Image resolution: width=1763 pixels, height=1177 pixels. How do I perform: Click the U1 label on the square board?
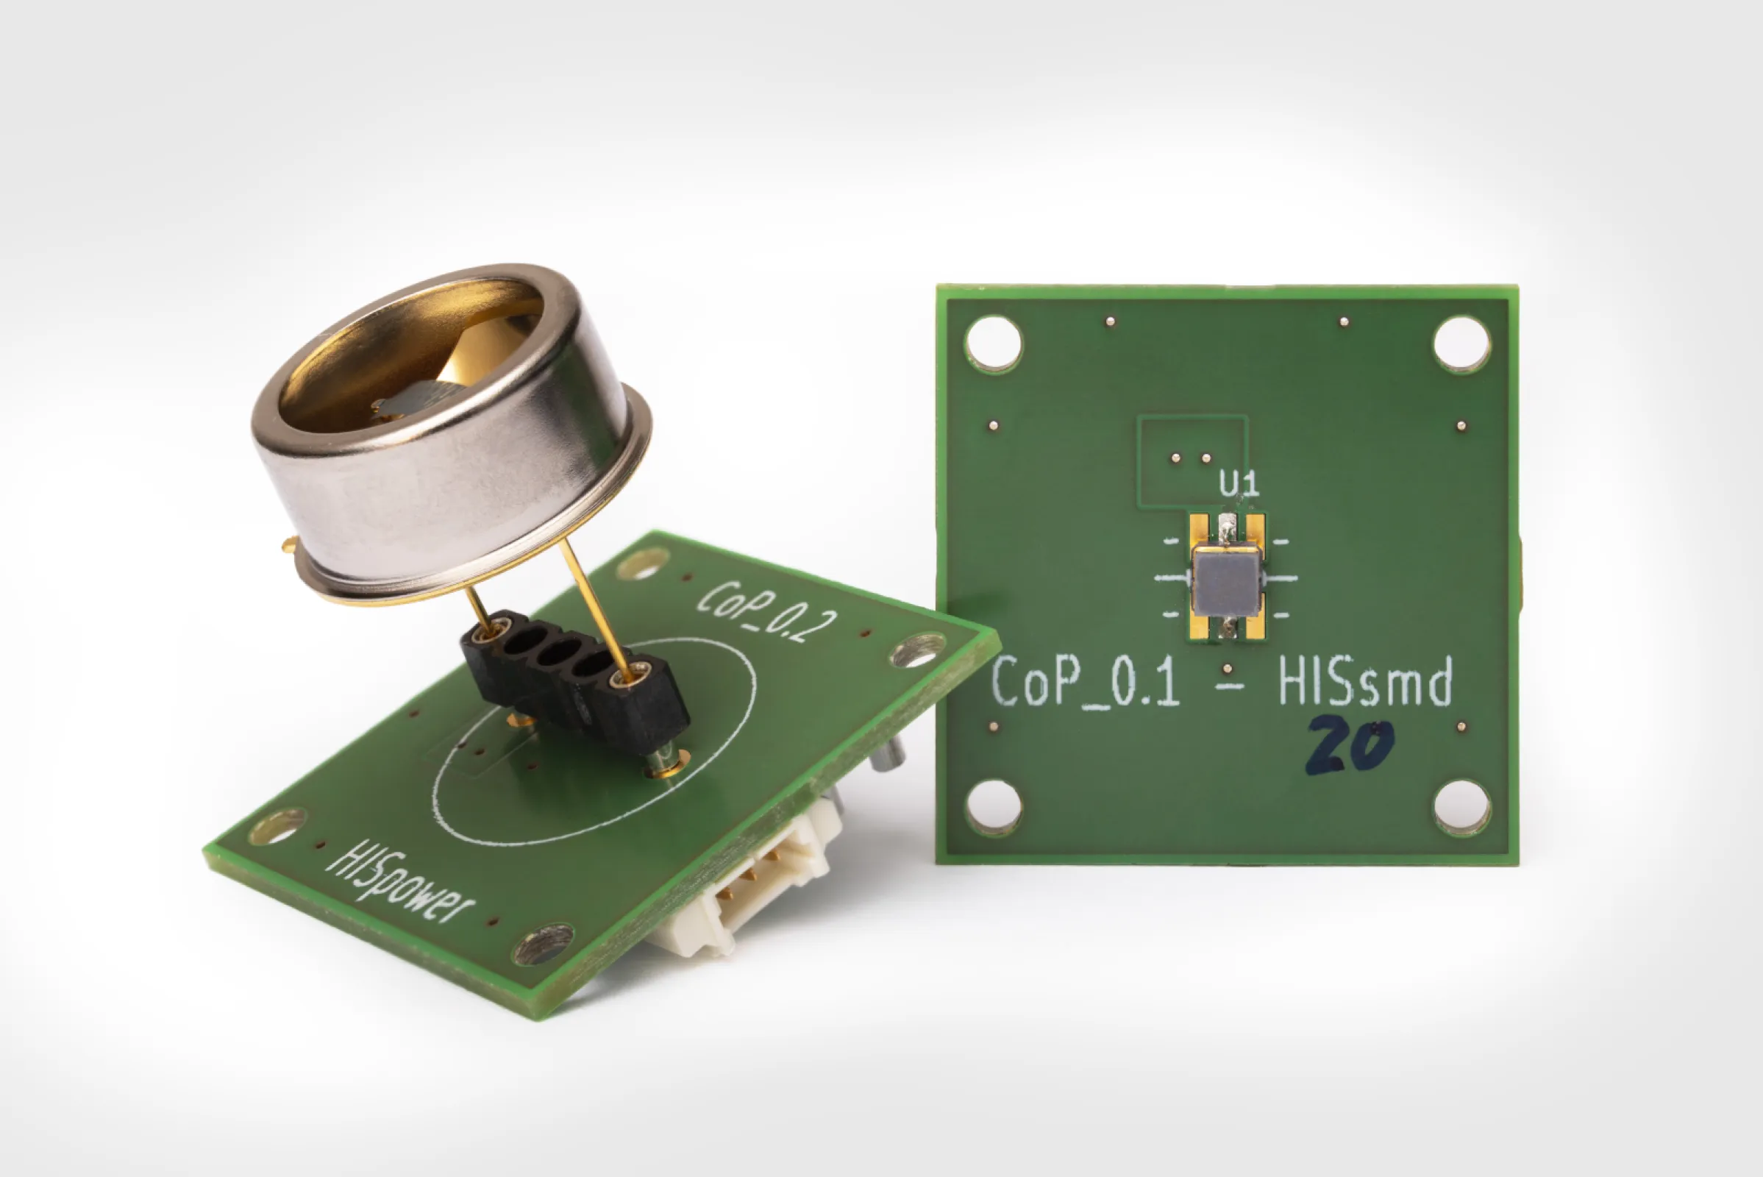(1239, 486)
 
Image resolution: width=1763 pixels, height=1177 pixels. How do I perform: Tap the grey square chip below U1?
(1226, 582)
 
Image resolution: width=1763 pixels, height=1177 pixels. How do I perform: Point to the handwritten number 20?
(1349, 745)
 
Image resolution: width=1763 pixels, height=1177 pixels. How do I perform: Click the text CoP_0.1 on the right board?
(1084, 683)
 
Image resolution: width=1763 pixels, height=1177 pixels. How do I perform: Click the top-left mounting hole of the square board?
(993, 343)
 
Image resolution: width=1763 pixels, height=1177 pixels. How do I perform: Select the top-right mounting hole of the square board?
(1461, 344)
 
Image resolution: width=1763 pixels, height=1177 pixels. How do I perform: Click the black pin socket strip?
(575, 678)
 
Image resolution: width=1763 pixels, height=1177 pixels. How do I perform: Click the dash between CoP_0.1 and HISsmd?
(1228, 685)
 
